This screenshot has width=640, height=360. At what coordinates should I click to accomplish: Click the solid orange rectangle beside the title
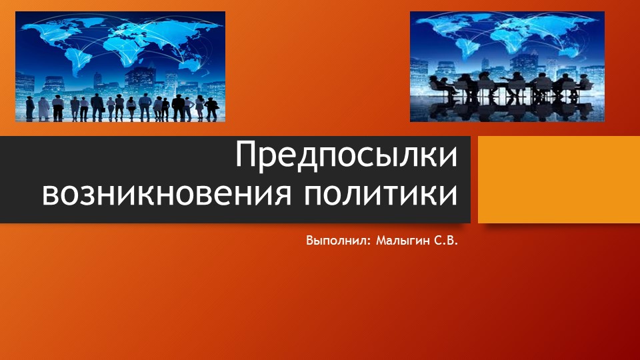pos(559,179)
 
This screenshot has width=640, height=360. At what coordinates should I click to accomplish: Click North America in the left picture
pos(50,30)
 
